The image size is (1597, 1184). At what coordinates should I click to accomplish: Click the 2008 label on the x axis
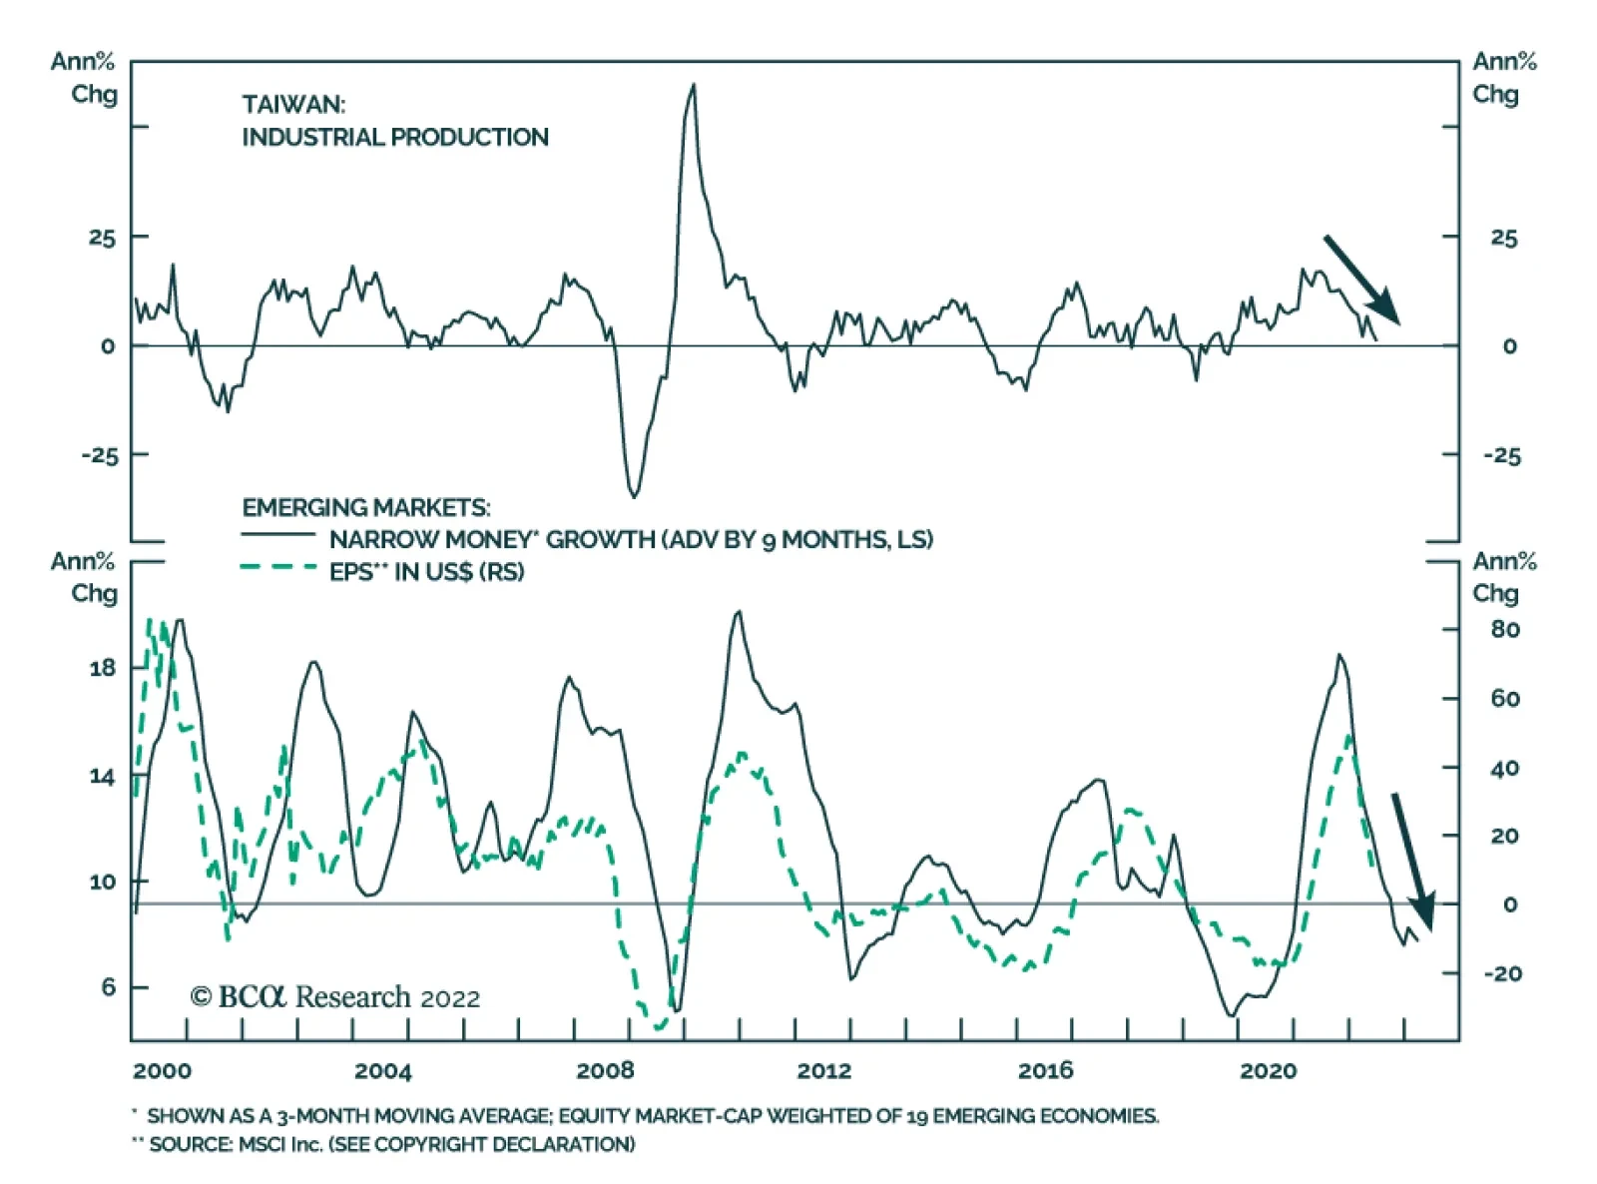[605, 1071]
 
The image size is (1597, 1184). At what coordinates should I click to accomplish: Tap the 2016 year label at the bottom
[1045, 1071]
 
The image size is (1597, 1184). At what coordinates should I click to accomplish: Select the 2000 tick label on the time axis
[162, 1071]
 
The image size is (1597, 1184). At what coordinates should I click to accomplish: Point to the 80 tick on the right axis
[1505, 630]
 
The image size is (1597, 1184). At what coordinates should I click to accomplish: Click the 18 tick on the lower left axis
[102, 668]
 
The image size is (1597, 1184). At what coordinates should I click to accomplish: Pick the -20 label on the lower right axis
[1502, 973]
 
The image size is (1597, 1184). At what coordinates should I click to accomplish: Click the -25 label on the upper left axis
[100, 455]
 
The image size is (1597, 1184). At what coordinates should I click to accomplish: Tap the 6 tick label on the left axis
[109, 987]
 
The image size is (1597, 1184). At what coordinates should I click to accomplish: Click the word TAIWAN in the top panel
[292, 105]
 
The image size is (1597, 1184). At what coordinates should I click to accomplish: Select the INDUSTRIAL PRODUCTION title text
[395, 137]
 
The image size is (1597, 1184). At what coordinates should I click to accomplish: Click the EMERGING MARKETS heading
[365, 507]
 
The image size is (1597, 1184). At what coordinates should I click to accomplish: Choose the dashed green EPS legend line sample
[278, 568]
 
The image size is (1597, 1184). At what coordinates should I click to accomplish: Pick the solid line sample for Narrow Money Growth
[278, 536]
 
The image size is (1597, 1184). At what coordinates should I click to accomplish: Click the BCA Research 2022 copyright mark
[335, 997]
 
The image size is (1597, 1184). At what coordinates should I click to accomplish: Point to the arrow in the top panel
[1362, 281]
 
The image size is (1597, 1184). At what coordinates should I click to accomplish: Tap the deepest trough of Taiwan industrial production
[634, 495]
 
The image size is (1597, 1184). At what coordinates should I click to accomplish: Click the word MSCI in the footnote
[264, 1144]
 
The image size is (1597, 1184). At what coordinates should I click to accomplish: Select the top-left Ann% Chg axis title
[85, 78]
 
